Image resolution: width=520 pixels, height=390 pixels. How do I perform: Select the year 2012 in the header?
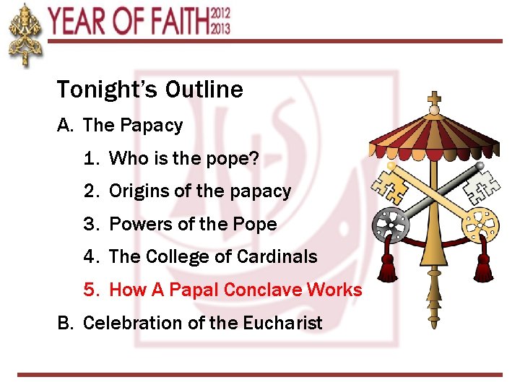tap(221, 13)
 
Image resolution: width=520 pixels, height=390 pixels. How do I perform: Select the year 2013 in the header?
tap(221, 28)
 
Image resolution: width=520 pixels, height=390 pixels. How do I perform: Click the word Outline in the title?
tap(204, 90)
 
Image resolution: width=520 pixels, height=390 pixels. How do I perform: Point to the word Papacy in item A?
tap(152, 126)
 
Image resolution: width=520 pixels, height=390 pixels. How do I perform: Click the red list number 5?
tap(90, 290)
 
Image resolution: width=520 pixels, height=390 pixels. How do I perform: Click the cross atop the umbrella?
tap(434, 98)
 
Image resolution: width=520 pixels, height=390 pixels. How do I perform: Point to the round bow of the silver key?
tap(391, 225)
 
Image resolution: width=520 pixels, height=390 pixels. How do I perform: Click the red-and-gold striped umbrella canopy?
tap(433, 134)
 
